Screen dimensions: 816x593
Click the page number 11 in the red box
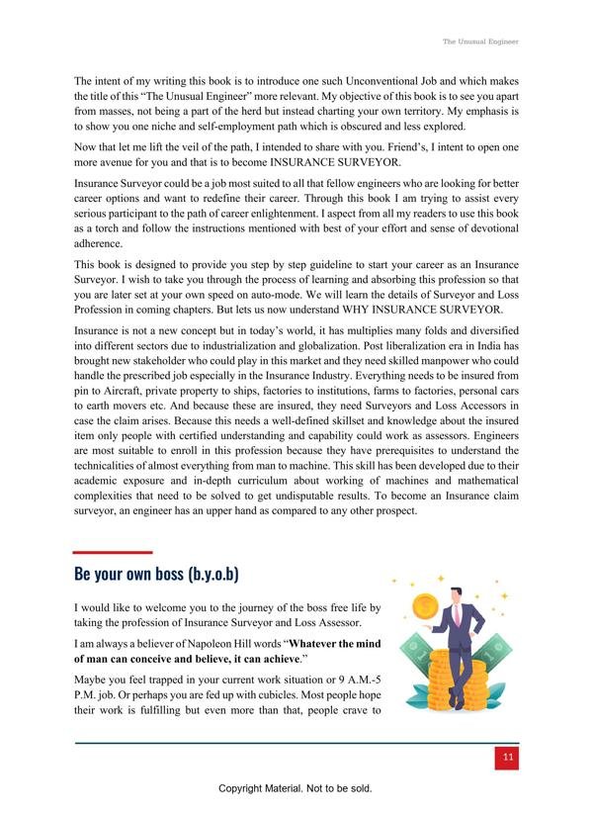point(508,758)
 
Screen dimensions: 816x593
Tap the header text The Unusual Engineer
point(479,42)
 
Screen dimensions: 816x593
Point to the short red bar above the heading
point(113,552)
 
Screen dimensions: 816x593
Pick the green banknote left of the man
point(416,654)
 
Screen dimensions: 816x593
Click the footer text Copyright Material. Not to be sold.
point(296,789)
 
